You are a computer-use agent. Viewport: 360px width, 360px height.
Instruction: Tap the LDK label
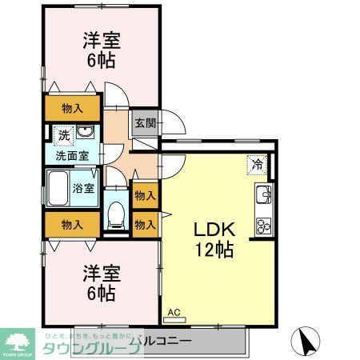tap(213, 228)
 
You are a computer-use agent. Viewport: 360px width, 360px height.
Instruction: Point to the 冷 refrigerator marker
tap(257, 165)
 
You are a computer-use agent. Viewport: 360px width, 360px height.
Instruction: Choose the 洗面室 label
tap(71, 155)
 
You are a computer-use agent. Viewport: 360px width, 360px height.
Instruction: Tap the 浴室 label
tap(84, 190)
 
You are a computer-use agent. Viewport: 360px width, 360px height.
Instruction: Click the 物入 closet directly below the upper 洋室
tap(73, 108)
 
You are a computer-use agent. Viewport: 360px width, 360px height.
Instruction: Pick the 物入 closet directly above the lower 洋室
tap(73, 225)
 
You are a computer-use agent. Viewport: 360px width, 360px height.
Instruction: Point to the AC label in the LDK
tap(174, 314)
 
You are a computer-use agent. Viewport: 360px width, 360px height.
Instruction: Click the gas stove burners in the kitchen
tap(264, 224)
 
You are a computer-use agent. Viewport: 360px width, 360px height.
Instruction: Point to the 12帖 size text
tap(213, 250)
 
